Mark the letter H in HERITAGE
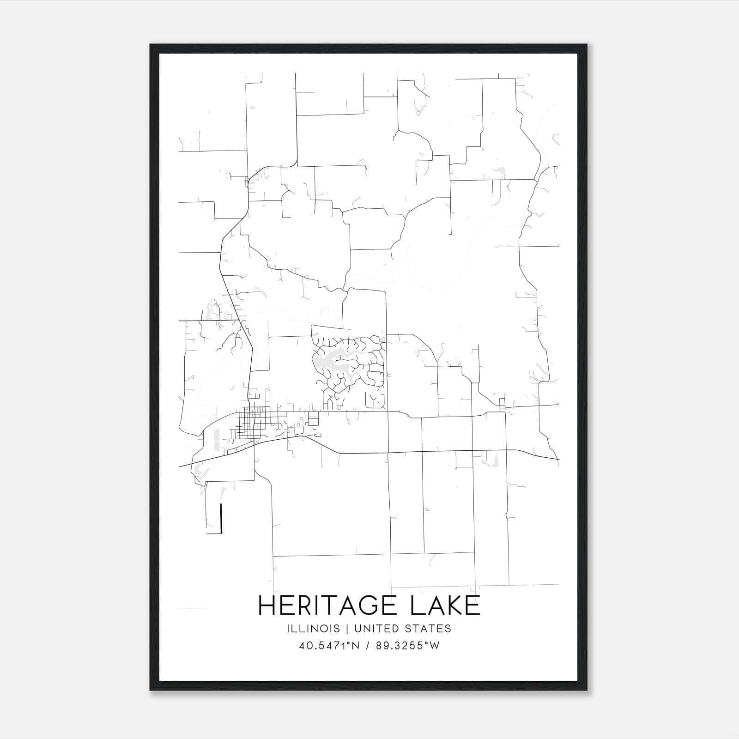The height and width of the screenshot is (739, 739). point(267,606)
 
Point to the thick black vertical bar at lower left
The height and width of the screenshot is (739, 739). point(222,518)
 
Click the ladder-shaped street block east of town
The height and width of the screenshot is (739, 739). point(313,419)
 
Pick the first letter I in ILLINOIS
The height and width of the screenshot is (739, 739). point(288,629)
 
